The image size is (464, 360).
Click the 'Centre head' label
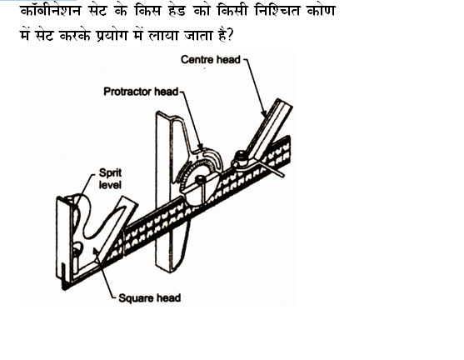211,59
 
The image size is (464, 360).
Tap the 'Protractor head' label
141,92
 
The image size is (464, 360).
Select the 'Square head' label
149,297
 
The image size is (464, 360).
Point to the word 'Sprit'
110,172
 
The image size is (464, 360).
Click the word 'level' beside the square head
110,185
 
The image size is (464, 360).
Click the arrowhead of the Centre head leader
264,112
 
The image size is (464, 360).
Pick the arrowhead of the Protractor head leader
200,147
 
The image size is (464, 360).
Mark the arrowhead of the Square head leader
96,251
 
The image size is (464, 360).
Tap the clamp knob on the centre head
241,155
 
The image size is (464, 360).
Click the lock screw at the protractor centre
199,178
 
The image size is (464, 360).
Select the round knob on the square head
78,247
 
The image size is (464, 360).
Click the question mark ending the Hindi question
230,36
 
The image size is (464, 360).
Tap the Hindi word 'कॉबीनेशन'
50,12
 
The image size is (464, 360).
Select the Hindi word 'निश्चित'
277,12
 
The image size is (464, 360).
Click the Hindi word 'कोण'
321,12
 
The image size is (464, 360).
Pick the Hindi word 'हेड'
177,12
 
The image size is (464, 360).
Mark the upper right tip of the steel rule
289,136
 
